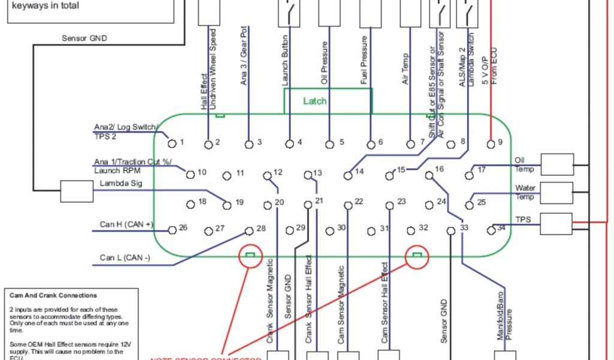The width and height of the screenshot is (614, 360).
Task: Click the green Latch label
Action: (x=315, y=101)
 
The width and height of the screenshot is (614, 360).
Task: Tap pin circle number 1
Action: (x=171, y=143)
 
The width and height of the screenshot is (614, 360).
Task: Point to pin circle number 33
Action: (x=452, y=230)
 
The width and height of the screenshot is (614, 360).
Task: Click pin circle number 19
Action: (x=227, y=205)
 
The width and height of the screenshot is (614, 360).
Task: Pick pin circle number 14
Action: (x=348, y=175)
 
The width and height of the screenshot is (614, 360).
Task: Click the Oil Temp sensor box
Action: (x=557, y=163)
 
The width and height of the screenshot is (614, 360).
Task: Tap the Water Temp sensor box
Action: (x=557, y=193)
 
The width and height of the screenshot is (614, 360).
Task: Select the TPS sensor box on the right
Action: (x=557, y=223)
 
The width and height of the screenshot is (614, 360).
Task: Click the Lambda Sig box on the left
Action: (x=76, y=192)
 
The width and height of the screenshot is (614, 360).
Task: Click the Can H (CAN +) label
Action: (x=127, y=224)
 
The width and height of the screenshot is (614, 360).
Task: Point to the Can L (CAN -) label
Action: (x=125, y=259)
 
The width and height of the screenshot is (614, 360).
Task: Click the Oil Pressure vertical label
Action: (x=324, y=64)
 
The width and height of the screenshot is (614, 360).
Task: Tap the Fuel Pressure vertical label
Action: (x=364, y=64)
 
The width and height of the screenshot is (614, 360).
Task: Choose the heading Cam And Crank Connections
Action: (x=53, y=295)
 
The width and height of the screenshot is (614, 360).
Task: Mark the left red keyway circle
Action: (x=251, y=256)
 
